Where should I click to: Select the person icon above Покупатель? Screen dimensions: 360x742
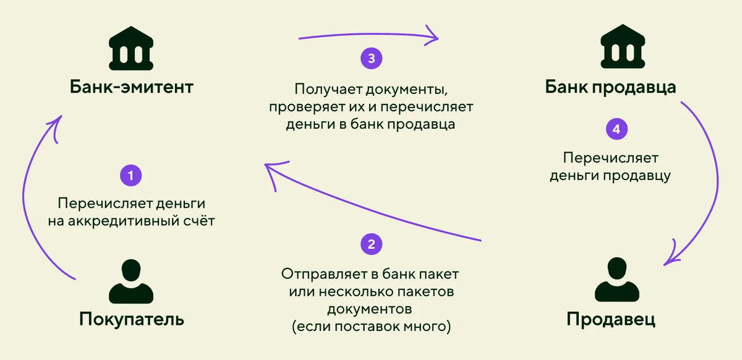tap(130, 281)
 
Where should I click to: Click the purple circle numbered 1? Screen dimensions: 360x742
tap(130, 175)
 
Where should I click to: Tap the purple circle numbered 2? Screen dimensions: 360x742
tap(371, 244)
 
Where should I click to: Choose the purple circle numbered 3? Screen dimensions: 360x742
tap(371, 59)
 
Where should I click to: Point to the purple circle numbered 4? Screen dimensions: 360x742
tap(615, 130)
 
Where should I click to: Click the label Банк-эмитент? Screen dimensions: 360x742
tap(131, 87)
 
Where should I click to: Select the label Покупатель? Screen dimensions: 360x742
tap(131, 319)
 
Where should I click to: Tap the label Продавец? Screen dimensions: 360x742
tap(611, 319)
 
